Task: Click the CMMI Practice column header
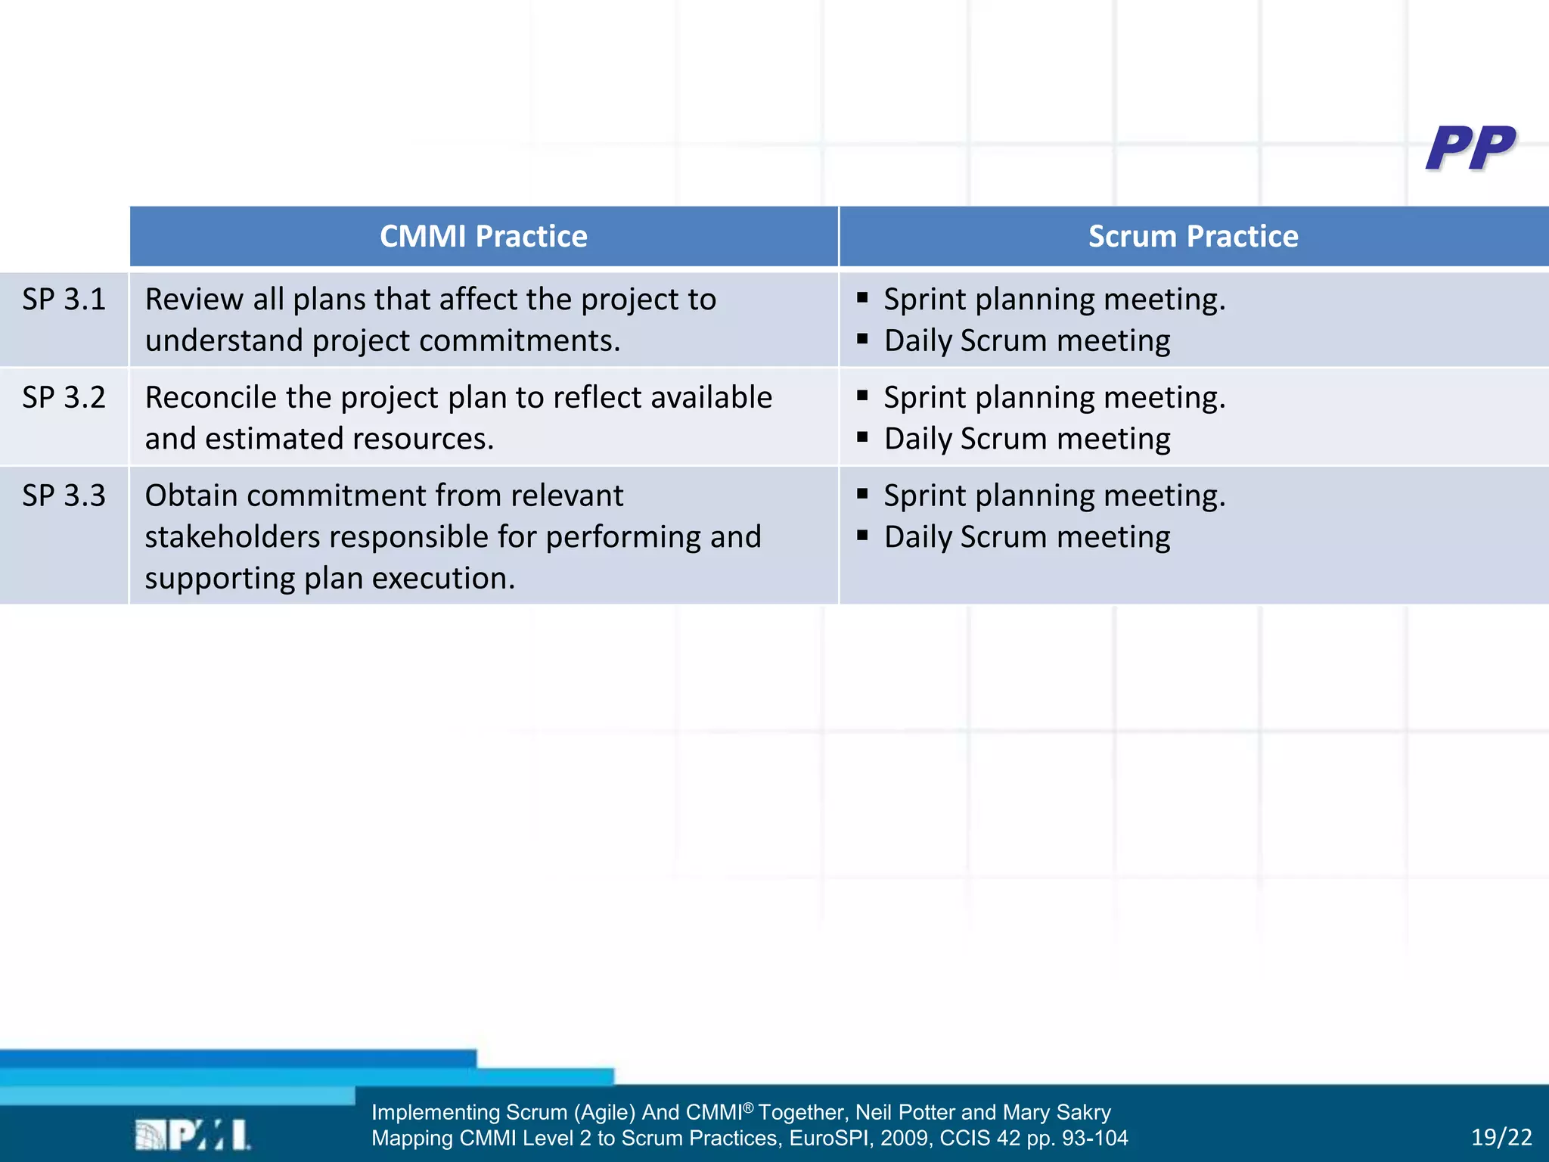483,237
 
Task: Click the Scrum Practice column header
1193,237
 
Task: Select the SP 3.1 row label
64,300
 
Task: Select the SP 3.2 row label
64,398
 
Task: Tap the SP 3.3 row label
64,496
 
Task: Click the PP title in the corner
1470,148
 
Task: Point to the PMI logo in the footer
193,1135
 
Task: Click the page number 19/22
1501,1137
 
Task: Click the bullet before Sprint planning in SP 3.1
862,298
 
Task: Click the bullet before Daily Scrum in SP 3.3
862,536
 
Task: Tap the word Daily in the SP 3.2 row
917,440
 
